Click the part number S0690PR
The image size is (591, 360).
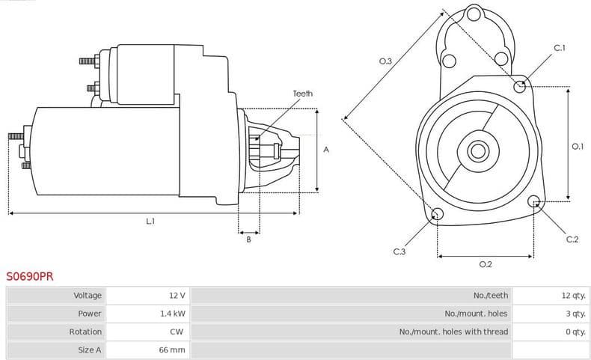[x=30, y=276]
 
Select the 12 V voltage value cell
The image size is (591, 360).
[x=177, y=296]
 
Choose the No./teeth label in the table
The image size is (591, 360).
[x=491, y=296]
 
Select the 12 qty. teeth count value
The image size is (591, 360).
[x=573, y=296]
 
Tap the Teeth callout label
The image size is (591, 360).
[x=302, y=94]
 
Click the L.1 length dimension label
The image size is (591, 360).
[x=150, y=222]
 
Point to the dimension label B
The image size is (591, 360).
[x=248, y=240]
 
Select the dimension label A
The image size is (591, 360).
[x=326, y=150]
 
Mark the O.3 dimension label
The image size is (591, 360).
[x=385, y=61]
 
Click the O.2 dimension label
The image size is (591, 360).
[x=485, y=264]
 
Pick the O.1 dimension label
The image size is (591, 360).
[x=577, y=147]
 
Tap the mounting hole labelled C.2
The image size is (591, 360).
[x=534, y=201]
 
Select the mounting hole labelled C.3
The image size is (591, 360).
[x=438, y=216]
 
